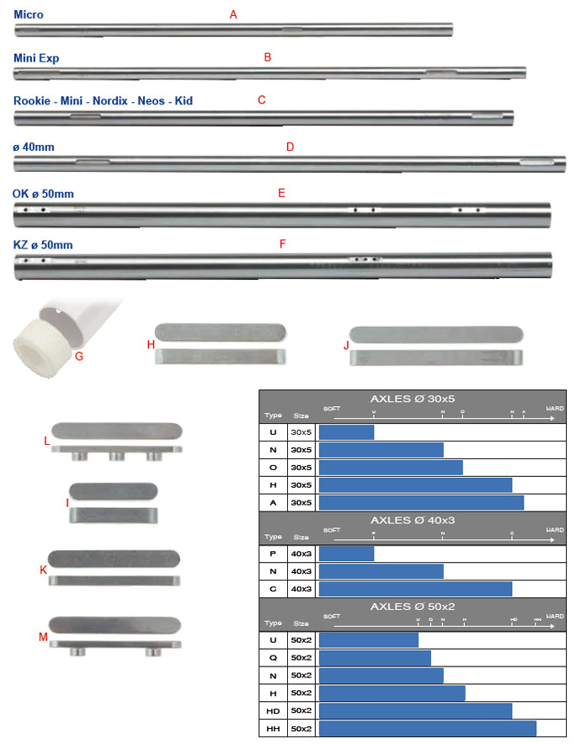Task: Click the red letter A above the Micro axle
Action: [233, 15]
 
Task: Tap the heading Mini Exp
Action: [36, 57]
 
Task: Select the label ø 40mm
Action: [34, 147]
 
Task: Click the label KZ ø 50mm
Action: [43, 245]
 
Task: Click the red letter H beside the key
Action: [151, 344]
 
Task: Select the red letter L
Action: [47, 441]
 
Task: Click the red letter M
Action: [43, 636]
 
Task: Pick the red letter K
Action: [43, 570]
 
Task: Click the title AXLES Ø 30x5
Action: [413, 399]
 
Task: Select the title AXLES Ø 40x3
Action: [413, 520]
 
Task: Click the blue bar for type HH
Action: [427, 727]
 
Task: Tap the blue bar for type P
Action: [346, 554]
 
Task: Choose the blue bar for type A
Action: [421, 502]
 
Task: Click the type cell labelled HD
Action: [273, 710]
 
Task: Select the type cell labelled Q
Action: [273, 658]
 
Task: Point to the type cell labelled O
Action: [273, 468]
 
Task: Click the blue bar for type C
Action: [415, 588]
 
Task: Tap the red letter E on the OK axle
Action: [281, 193]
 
